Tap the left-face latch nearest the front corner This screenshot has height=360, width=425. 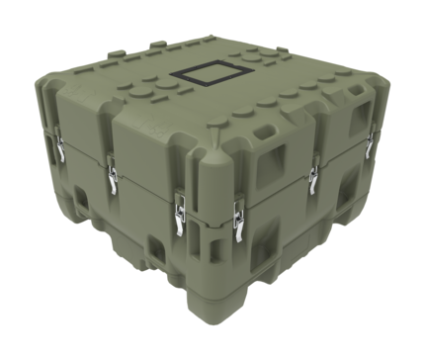[x=178, y=215]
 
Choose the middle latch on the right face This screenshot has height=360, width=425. [x=313, y=179]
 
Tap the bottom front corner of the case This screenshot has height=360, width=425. [x=209, y=293]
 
